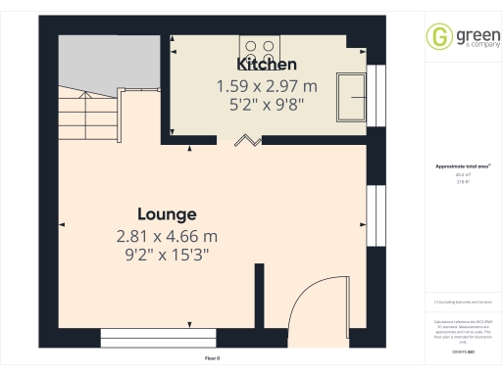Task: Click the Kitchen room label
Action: tap(261, 65)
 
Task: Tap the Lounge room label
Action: tap(167, 213)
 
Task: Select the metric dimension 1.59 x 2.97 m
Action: tap(261, 86)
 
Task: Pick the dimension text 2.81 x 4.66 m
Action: tap(167, 236)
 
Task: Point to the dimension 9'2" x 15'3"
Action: tap(167, 256)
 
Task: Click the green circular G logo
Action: tap(439, 36)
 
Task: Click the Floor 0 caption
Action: tap(213, 358)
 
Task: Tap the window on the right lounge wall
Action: tap(374, 210)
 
